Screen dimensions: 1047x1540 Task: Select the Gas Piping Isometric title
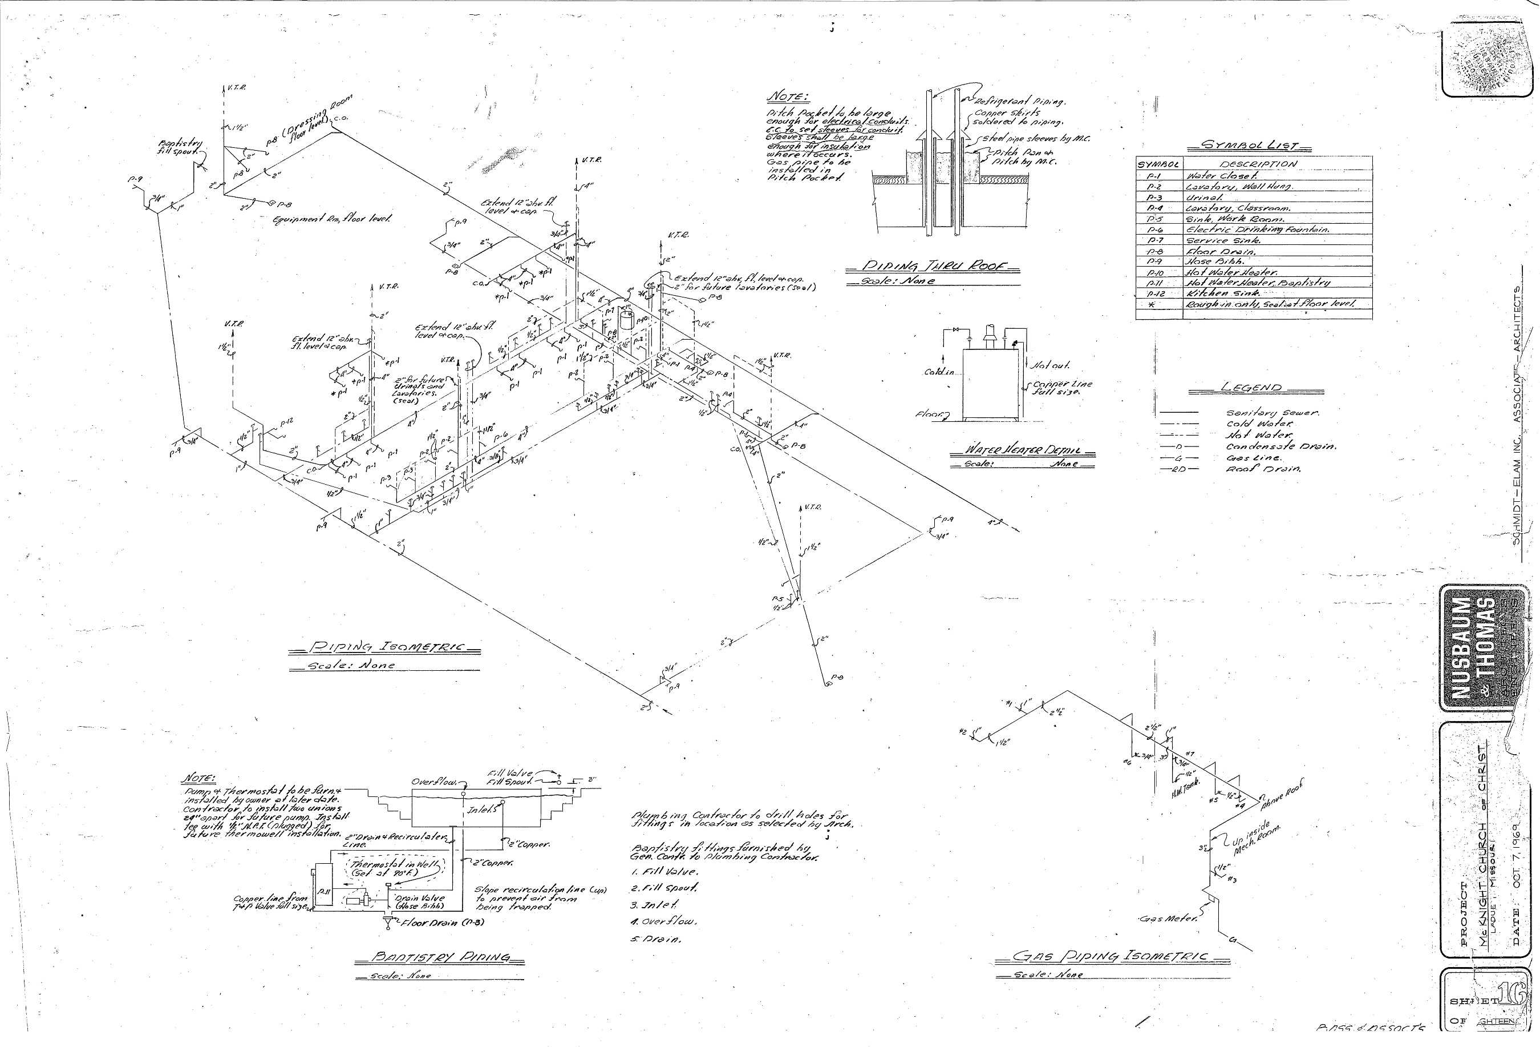click(1111, 956)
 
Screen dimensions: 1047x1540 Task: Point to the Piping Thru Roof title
click(933, 267)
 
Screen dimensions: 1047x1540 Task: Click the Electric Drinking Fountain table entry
click(1258, 229)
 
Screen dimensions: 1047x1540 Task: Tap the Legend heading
click(1251, 388)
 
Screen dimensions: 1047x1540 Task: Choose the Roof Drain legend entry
click(1263, 469)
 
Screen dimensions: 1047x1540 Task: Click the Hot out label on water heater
click(1050, 365)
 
